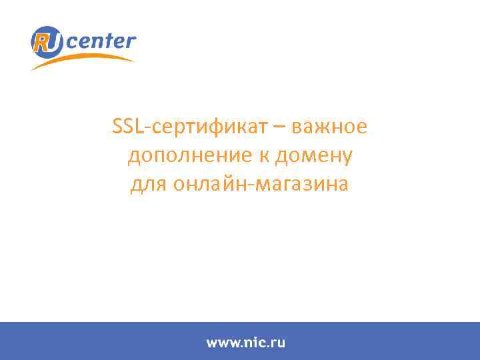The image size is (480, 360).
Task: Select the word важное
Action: point(329,127)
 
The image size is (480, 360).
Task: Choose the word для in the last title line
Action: point(145,184)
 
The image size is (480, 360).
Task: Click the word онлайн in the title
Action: point(205,184)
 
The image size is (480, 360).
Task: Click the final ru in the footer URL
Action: point(277,343)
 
